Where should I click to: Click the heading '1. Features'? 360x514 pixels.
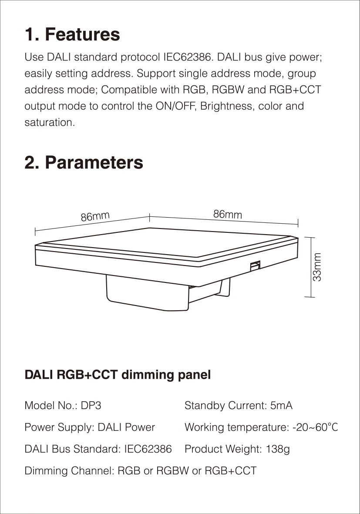pos(72,34)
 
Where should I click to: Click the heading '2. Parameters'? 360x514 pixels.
pos(84,162)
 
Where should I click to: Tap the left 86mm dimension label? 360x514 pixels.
pos(95,216)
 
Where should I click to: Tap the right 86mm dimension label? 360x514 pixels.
pos(227,214)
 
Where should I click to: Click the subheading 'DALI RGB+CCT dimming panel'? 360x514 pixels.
pos(118,375)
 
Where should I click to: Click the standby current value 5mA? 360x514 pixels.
pos(281,406)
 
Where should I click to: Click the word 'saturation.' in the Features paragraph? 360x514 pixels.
pos(50,123)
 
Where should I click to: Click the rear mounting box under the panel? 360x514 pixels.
pos(148,294)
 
